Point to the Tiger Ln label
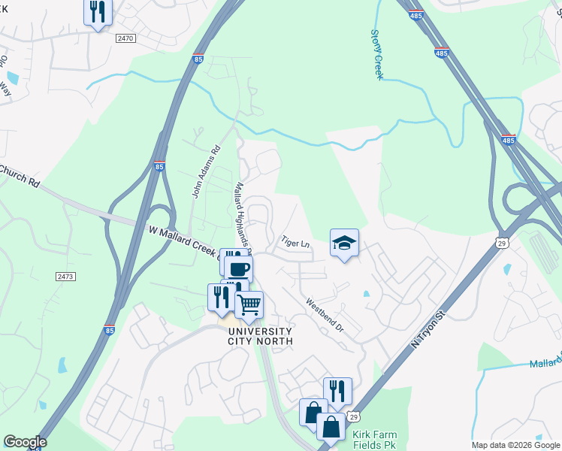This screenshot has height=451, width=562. pos(295,244)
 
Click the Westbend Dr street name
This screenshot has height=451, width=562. pos(324,317)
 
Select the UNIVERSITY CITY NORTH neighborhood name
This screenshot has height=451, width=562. pos(259,335)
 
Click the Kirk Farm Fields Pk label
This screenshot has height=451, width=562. pos(379,440)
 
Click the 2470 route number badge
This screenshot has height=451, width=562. pos(125,38)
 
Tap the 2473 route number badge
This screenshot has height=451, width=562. pos(65,277)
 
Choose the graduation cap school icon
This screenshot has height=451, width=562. pos(344,243)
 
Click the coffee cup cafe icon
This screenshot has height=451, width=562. pos(239,269)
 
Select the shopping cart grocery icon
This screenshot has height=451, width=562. pos(249,305)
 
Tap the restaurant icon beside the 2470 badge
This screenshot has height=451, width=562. pos(97,12)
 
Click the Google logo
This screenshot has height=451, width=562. pos(25,442)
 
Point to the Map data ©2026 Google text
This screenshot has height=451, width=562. pos(515,445)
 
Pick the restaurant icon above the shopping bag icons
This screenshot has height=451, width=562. pos(337,391)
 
